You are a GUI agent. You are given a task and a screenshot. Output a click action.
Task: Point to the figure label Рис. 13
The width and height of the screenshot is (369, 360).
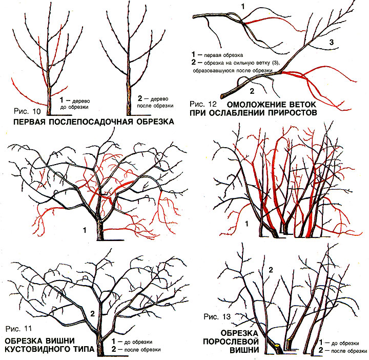point(217,316)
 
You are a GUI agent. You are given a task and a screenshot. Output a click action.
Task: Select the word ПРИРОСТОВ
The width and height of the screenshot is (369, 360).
point(284,112)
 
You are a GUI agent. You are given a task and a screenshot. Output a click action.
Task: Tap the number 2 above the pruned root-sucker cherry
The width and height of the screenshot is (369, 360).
point(271,270)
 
